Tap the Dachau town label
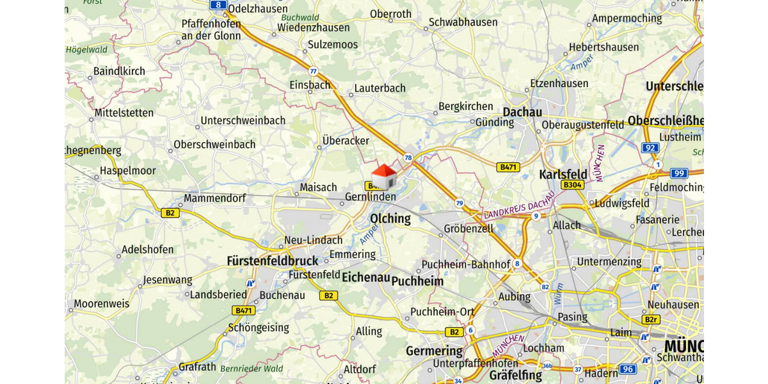[522, 111]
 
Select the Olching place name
[390, 218]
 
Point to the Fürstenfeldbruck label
[273, 261]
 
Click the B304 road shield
[572, 185]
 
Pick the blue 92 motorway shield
[650, 148]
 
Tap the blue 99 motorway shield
[679, 173]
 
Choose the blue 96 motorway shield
[628, 369]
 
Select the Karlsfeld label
[563, 174]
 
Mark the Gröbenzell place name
[468, 228]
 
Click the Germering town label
[434, 351]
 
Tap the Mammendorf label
[214, 198]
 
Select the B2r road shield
[651, 319]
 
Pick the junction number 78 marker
[408, 157]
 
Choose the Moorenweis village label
[101, 303]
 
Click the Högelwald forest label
[88, 49]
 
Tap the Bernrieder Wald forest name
[252, 369]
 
